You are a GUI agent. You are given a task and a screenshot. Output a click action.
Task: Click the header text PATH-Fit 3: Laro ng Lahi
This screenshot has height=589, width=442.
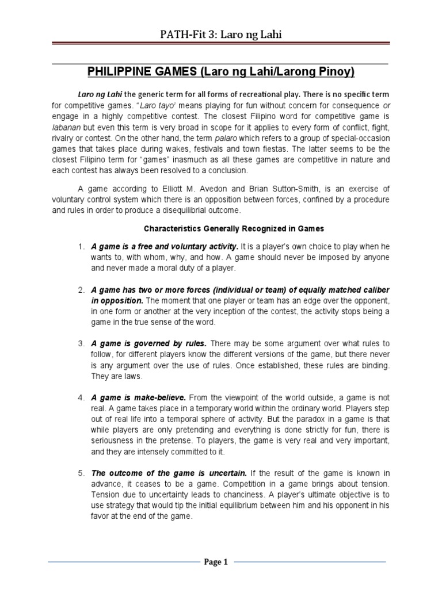[221, 36]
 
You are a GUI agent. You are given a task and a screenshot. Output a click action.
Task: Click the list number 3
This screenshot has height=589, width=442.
[81, 344]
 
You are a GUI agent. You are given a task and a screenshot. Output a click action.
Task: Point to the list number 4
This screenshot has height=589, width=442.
[81, 397]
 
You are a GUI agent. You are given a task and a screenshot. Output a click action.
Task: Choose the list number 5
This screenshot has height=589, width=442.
[81, 473]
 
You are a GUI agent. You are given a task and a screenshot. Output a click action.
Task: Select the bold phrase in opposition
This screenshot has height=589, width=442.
[117, 301]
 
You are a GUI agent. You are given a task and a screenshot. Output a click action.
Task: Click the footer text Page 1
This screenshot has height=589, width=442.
[216, 563]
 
